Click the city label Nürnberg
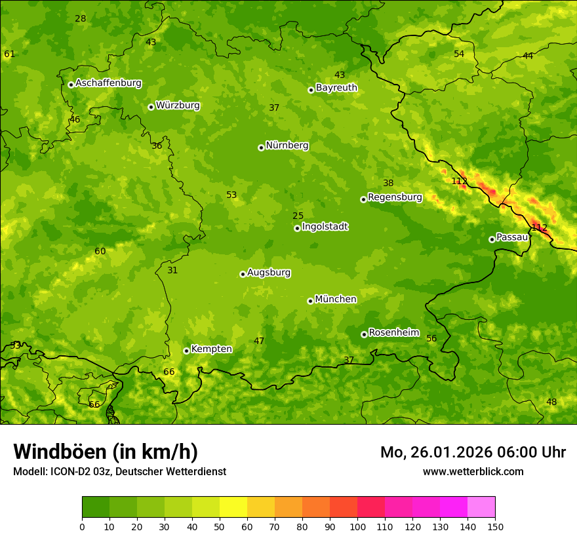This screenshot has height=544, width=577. click(x=287, y=146)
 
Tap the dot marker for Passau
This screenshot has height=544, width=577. click(x=492, y=239)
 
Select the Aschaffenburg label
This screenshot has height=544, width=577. click(x=108, y=83)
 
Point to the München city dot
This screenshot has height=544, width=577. click(x=310, y=301)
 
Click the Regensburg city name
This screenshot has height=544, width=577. click(x=395, y=197)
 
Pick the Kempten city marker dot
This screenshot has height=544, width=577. click(x=186, y=351)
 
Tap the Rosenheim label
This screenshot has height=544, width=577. click(x=393, y=333)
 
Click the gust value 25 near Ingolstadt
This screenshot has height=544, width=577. click(x=298, y=216)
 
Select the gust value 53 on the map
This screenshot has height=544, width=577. click(x=231, y=195)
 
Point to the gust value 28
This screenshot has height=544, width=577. click(x=80, y=18)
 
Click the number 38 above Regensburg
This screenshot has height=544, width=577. click(x=388, y=183)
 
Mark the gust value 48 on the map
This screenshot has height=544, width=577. click(x=551, y=402)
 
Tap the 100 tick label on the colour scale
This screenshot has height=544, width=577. click(x=357, y=526)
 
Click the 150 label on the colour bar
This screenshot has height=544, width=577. click(x=495, y=526)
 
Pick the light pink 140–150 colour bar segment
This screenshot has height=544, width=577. click(x=481, y=507)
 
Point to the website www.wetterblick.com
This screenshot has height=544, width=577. click(x=473, y=471)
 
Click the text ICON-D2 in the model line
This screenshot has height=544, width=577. click(x=70, y=471)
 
